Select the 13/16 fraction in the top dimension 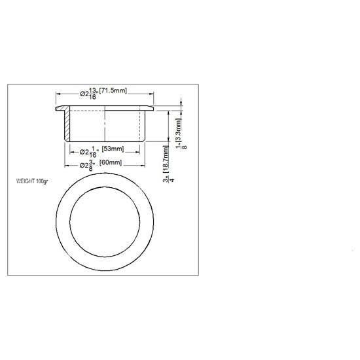click(94, 94)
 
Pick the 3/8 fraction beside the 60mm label click(94, 165)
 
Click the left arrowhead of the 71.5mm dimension click(58, 94)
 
